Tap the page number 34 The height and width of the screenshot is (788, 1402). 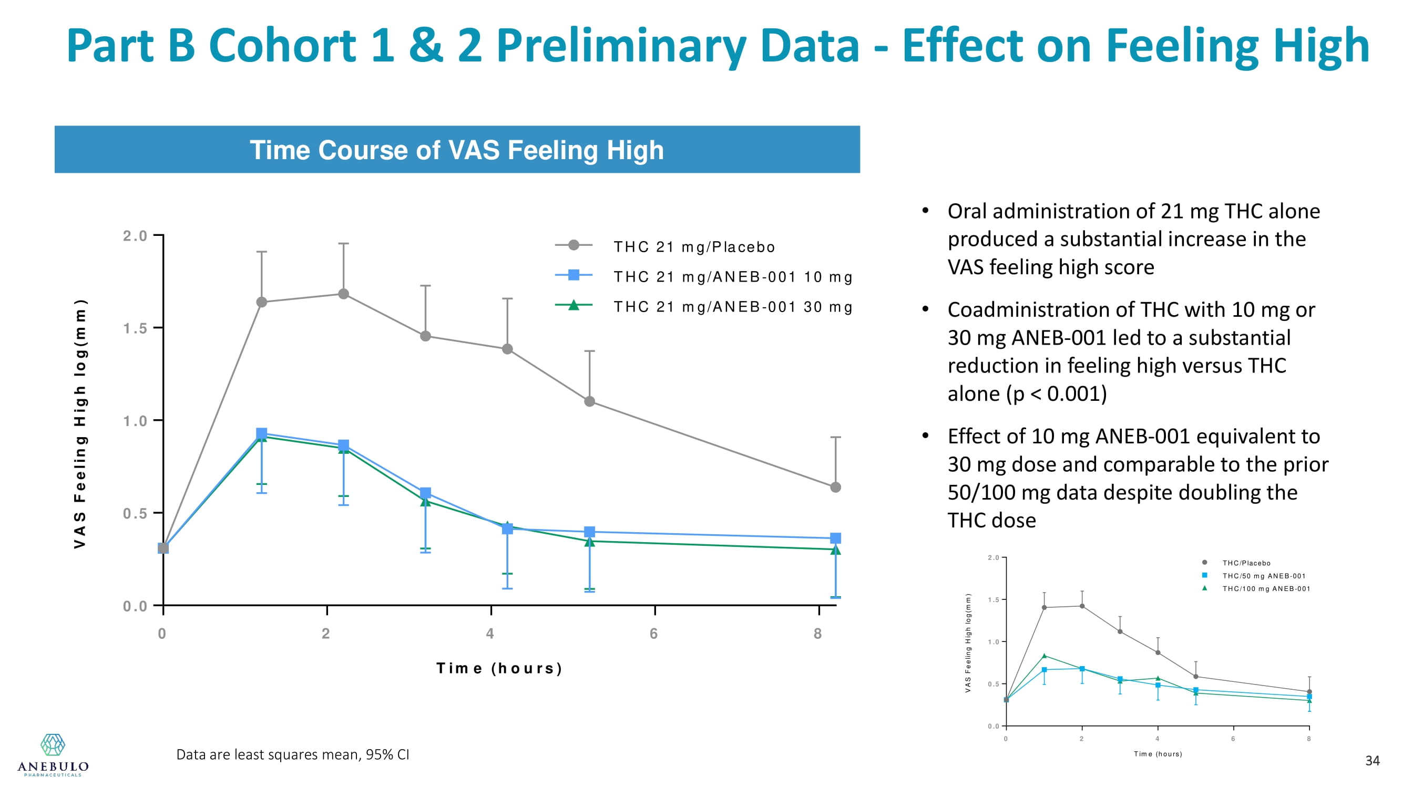pos(1372,761)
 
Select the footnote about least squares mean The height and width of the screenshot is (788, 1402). pos(292,754)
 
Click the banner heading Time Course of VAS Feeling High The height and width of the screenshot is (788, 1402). pos(457,150)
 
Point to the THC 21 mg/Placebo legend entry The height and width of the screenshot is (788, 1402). pos(694,247)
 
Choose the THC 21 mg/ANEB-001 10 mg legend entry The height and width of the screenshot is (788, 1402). pos(733,277)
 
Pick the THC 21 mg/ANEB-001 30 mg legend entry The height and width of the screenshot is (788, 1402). pos(733,307)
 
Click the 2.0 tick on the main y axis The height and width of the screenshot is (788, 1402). pos(135,236)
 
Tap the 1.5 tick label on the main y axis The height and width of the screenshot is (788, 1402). pos(135,328)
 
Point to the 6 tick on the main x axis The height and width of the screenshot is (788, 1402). pos(653,634)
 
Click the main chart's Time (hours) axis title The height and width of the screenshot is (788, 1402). pos(499,668)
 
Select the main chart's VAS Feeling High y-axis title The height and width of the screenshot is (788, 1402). pos(80,423)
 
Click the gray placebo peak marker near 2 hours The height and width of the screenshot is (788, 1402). pos(343,294)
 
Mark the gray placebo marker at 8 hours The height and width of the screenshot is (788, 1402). pos(835,488)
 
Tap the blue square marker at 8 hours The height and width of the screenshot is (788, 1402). pos(835,538)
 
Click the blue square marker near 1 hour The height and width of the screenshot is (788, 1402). pos(262,433)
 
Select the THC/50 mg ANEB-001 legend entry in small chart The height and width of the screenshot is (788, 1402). pos(1263,576)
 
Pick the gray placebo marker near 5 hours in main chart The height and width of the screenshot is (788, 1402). pos(589,401)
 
